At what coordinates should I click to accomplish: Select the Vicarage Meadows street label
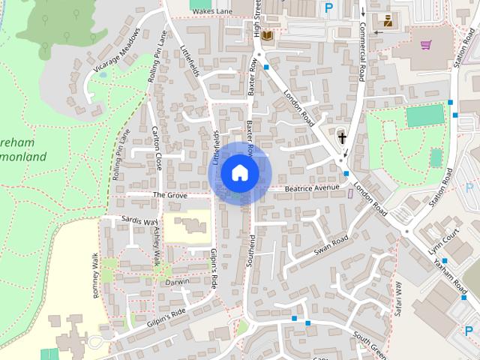tap(117, 52)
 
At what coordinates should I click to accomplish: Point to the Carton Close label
tap(157, 149)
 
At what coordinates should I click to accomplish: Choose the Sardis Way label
tap(141, 222)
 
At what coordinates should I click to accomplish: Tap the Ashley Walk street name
tap(157, 244)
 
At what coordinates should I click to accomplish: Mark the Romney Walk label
tap(96, 276)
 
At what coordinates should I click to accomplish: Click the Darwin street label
tap(178, 282)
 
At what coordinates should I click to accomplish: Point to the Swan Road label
tap(331, 244)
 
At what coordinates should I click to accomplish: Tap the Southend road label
tap(250, 250)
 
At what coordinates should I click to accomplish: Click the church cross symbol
tap(341, 138)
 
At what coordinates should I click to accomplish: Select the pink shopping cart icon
tap(426, 45)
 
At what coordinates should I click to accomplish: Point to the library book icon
tap(268, 35)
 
